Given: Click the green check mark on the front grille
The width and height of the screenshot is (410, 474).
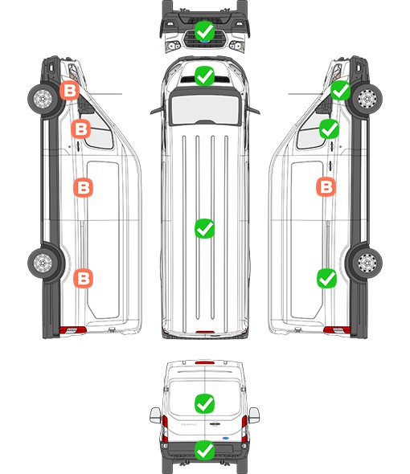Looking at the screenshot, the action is pos(204,31).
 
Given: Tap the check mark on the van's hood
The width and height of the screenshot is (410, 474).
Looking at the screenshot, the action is pos(204,76).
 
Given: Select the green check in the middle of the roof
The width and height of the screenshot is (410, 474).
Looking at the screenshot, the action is pos(204,228).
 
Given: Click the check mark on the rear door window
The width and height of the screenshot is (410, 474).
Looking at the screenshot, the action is pos(204,403).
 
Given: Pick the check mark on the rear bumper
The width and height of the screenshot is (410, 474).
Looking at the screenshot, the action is pos(204,451).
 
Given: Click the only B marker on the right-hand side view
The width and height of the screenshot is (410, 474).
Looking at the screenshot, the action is pos(326,187).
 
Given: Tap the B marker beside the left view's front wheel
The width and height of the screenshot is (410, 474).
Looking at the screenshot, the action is pos(70,91).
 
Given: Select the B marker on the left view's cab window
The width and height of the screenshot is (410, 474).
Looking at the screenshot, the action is pos(80,129).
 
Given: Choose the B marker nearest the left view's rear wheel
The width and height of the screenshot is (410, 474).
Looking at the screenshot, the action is pos(84,278).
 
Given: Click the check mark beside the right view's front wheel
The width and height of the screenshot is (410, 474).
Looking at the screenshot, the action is pos(340,91).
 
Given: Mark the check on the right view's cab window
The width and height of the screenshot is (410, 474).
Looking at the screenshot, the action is pos(330,129).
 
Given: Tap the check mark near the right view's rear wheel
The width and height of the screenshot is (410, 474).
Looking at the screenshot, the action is pos(326,279).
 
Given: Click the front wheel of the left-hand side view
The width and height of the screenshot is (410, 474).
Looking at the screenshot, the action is pos(43,99).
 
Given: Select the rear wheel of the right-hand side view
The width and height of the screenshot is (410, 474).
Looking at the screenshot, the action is pos(367,263).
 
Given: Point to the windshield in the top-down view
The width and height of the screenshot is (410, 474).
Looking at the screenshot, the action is pos(205,109).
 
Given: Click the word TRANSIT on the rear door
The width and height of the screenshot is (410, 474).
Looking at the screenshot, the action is pos(189,424).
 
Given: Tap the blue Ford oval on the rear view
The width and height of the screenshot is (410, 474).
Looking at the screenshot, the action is pos(225,438).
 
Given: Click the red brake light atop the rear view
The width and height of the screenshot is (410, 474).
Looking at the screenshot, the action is pos(205,362).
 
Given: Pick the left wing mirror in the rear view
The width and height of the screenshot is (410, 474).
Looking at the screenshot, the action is pos(155,415).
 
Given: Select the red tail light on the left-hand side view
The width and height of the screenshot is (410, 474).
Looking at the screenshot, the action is pos(72,330).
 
